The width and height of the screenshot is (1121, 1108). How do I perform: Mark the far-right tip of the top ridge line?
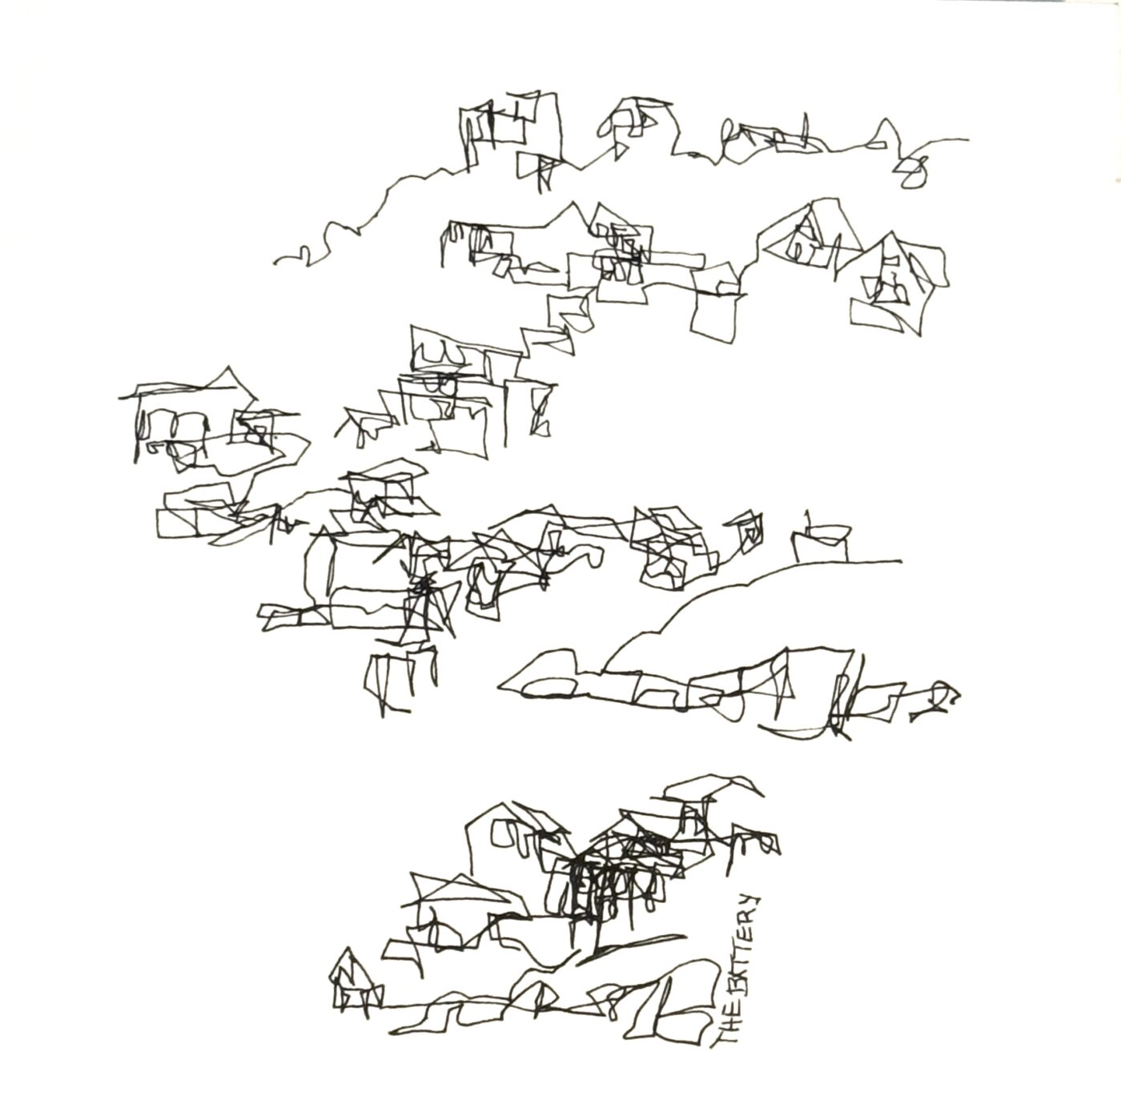(967, 139)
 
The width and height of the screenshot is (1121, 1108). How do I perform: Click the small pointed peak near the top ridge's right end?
(886, 121)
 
